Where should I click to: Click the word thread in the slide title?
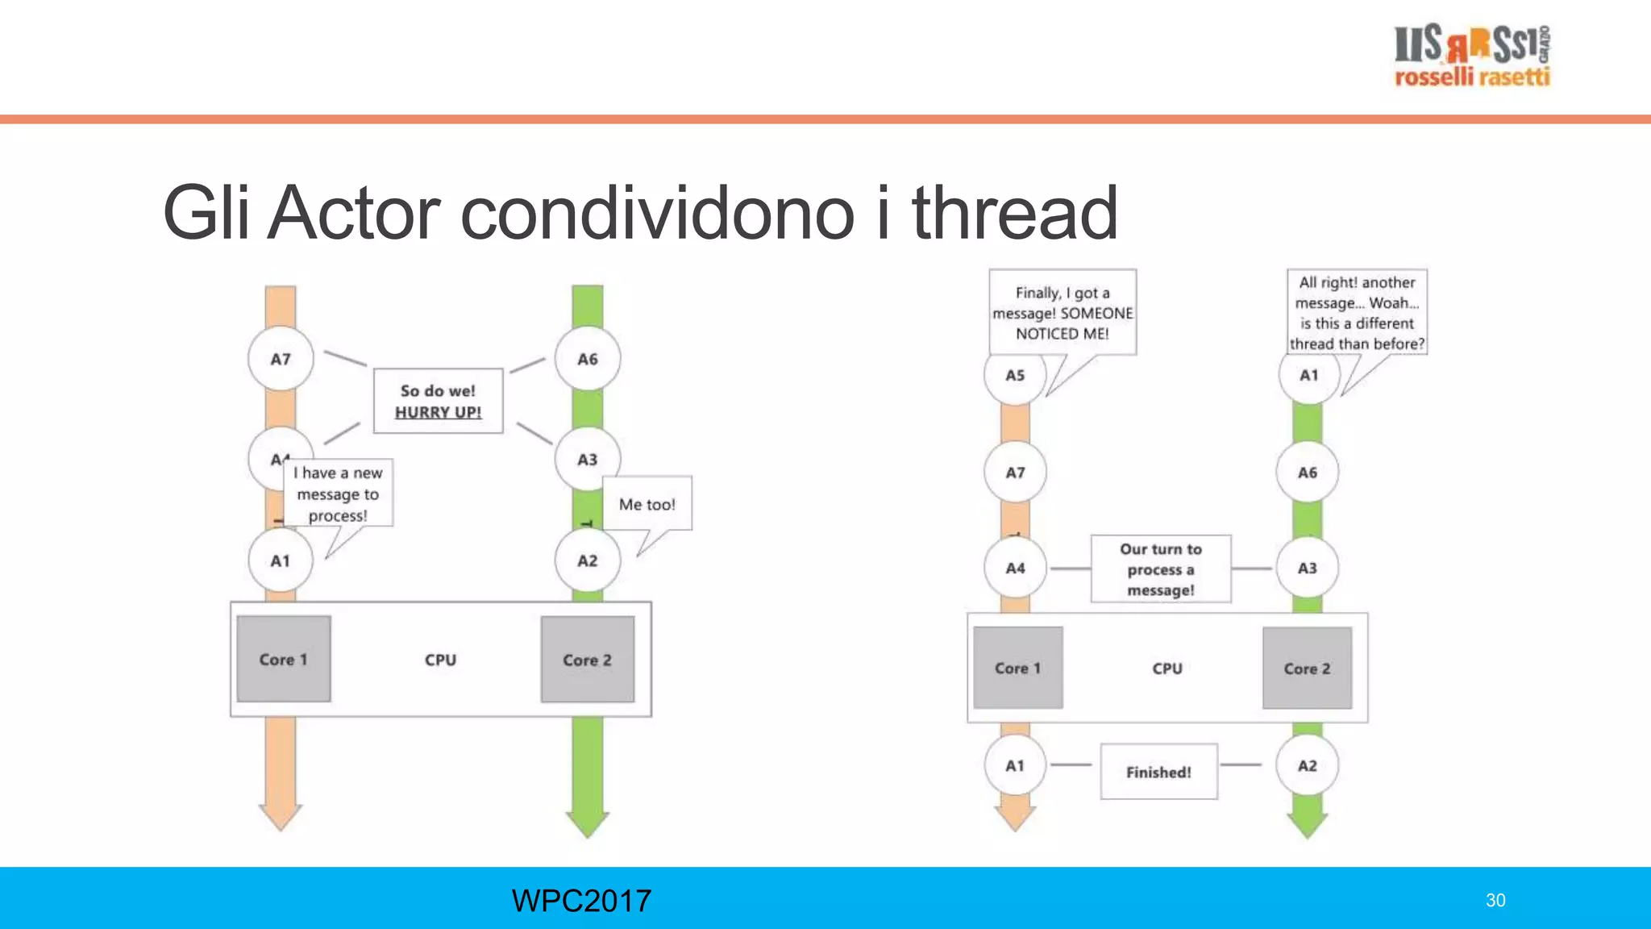tap(1014, 213)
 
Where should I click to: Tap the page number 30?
tap(1495, 900)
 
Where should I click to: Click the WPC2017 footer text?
tap(581, 900)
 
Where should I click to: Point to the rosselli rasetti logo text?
tap(1472, 77)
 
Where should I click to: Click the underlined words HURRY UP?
tap(438, 412)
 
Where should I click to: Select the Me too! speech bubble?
tap(647, 504)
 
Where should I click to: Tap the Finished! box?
tap(1158, 772)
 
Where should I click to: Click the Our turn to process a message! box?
tap(1161, 569)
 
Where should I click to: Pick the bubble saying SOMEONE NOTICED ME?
tap(1063, 313)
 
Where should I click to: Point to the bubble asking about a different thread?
tap(1357, 313)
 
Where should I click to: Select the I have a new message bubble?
tap(338, 494)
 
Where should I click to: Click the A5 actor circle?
tap(1015, 375)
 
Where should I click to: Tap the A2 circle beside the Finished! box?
tap(1307, 765)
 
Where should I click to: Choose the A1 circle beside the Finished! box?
tap(1015, 765)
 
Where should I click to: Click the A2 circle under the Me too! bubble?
tap(588, 560)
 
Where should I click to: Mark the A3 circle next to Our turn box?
tap(1307, 569)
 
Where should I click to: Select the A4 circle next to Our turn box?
tap(1015, 569)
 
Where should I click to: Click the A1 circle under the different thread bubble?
tap(1308, 375)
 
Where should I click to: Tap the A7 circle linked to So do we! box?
tap(281, 359)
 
